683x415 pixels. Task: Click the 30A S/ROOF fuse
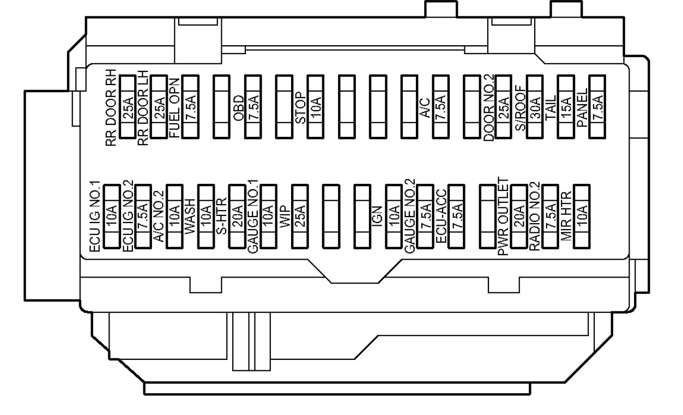pyautogui.click(x=536, y=106)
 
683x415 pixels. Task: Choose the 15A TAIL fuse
pyautogui.click(x=567, y=106)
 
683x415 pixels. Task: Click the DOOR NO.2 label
pyautogui.click(x=489, y=109)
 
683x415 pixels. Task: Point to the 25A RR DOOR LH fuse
pyautogui.click(x=159, y=106)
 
